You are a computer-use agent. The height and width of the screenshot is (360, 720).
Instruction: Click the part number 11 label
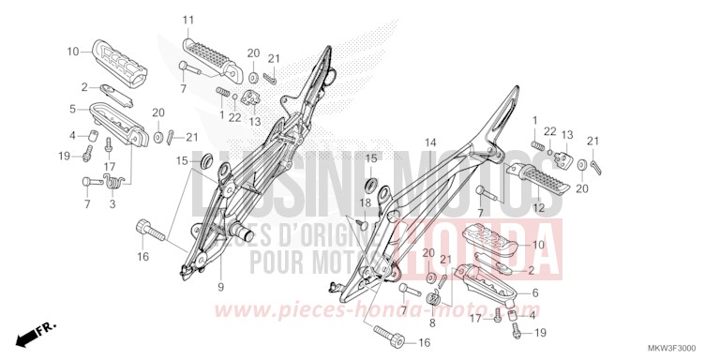(x=187, y=20)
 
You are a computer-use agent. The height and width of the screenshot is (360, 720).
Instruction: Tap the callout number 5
(x=72, y=109)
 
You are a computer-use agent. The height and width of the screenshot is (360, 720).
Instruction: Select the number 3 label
(x=112, y=203)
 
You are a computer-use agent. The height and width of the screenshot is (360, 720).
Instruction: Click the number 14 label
(x=430, y=143)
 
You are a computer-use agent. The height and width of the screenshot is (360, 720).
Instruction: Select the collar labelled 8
(x=435, y=298)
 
